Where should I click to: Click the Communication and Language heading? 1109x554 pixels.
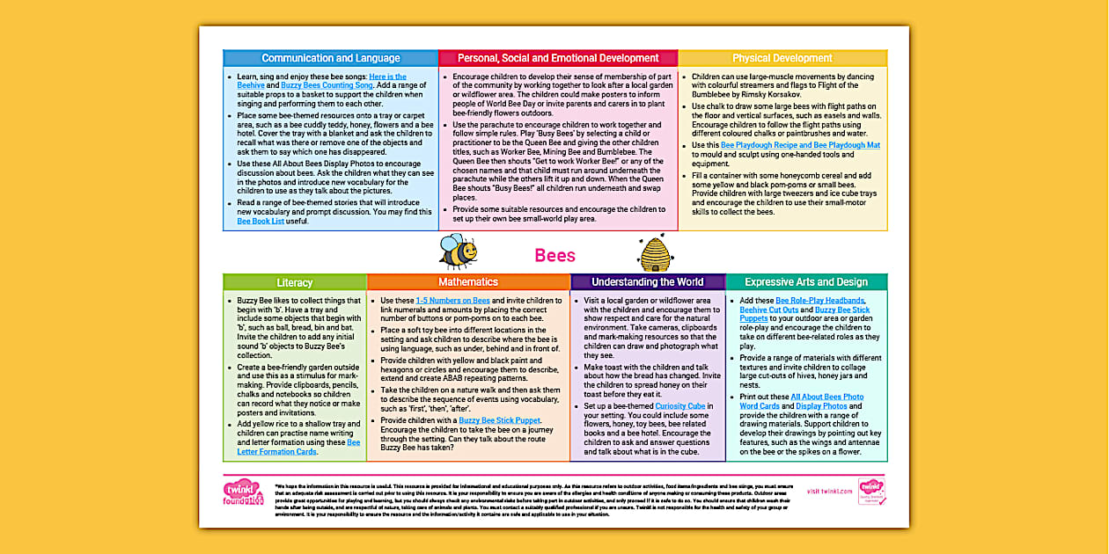pyautogui.click(x=331, y=58)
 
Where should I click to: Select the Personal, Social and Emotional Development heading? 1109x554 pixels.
pyautogui.click(x=558, y=58)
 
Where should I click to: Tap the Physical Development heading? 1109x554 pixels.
pyautogui.click(x=782, y=58)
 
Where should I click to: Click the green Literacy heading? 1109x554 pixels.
pyautogui.click(x=294, y=282)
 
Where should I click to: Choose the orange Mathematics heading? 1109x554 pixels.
pyautogui.click(x=468, y=282)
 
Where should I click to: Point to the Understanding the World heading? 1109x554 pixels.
pyautogui.click(x=647, y=282)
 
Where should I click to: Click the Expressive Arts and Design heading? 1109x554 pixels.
pyautogui.click(x=805, y=282)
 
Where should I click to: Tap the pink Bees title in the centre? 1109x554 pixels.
pyautogui.click(x=554, y=256)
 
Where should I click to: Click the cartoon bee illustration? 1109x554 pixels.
pyautogui.click(x=458, y=251)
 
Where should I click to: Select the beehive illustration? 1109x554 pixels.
pyautogui.click(x=656, y=253)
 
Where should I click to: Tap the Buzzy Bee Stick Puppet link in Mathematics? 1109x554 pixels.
pyautogui.click(x=499, y=421)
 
